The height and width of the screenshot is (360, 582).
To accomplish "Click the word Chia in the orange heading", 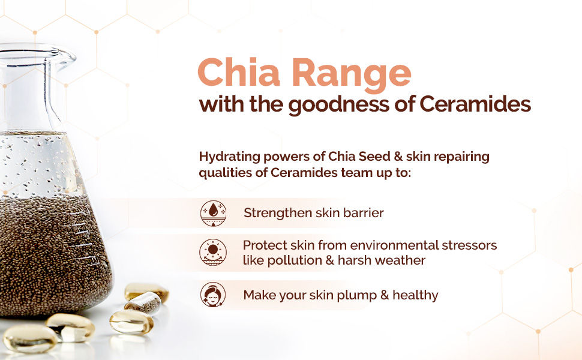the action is [238, 72].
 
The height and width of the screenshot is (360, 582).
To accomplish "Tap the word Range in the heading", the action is [352, 76].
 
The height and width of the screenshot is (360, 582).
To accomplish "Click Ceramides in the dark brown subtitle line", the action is [475, 104].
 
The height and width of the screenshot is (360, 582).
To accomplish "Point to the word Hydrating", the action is [229, 157].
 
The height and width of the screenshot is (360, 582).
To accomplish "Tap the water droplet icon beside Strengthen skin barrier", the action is [213, 213].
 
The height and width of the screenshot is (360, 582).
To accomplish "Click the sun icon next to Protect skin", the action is [213, 253].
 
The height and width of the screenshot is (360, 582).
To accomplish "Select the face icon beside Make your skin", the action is [213, 295].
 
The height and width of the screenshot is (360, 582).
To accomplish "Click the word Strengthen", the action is [278, 213].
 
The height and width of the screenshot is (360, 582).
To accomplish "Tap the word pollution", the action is [295, 260].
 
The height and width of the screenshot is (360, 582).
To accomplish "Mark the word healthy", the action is [415, 295].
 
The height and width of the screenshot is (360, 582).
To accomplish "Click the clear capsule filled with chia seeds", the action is [143, 303].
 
